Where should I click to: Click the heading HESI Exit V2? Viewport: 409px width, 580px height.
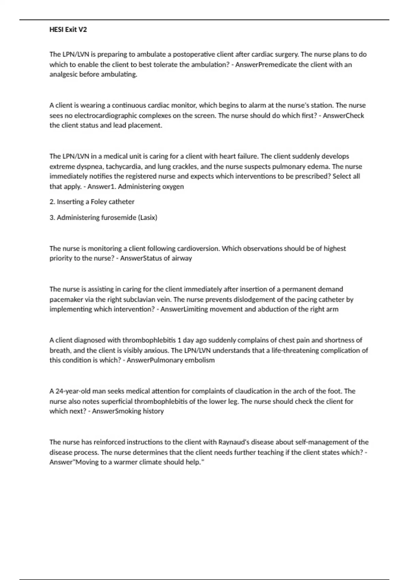68,30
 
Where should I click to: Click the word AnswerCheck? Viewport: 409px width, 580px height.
343,115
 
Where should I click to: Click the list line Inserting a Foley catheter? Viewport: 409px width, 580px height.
92,202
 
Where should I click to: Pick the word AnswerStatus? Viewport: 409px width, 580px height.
141,258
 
